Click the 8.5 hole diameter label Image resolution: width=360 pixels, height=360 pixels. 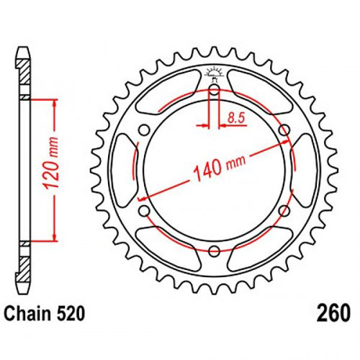coord(236,118)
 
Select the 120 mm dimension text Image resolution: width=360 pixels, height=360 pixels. coord(52,163)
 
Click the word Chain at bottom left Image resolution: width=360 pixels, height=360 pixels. coord(28,314)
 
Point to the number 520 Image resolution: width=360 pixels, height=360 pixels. coord(71,314)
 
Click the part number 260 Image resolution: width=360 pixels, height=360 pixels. coord(333,313)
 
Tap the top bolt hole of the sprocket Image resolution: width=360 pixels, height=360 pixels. coord(215,91)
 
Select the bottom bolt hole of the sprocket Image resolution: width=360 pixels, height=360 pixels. coord(215,251)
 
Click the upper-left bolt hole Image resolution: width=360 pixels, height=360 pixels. coord(144,131)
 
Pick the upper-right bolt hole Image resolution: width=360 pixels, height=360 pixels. coord(284,131)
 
